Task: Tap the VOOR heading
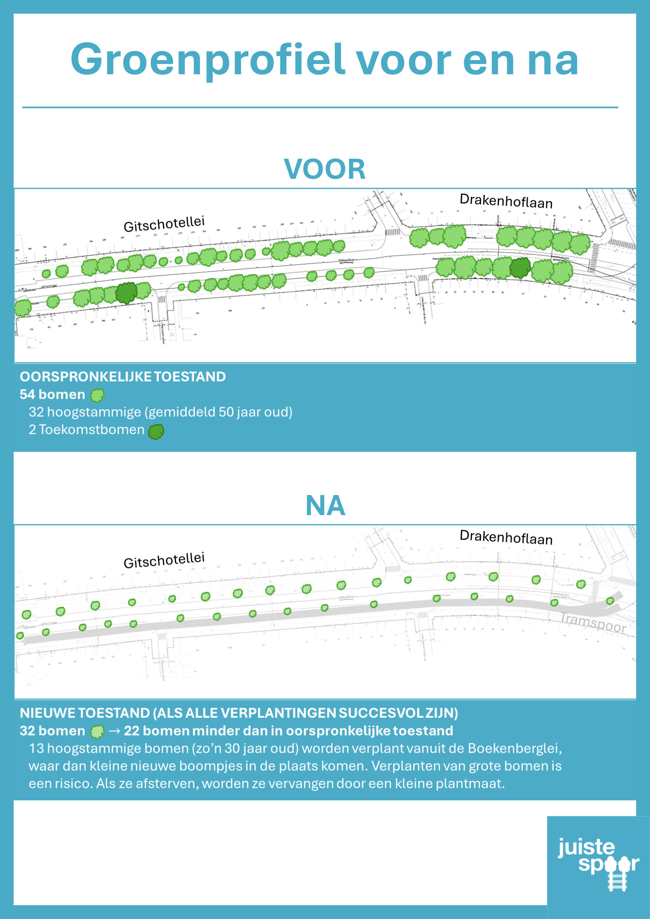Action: coord(325,169)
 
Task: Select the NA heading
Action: coord(325,506)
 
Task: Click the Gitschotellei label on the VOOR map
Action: coord(164,224)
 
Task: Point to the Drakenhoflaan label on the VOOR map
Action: coord(506,201)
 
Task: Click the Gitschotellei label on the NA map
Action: coord(164,560)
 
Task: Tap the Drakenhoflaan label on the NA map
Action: coord(506,537)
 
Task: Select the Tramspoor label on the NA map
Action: coord(593,623)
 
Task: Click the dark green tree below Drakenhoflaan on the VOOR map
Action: coord(520,268)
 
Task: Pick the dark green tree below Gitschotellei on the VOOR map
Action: coord(127,293)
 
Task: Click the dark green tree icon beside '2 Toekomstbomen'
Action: coord(156,431)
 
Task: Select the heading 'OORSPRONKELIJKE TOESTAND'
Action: coord(123,377)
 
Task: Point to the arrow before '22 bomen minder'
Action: coord(114,731)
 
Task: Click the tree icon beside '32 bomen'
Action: coord(97,732)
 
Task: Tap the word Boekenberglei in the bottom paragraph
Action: coord(514,748)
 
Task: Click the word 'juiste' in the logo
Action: coord(586,847)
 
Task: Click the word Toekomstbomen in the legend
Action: coord(91,429)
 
